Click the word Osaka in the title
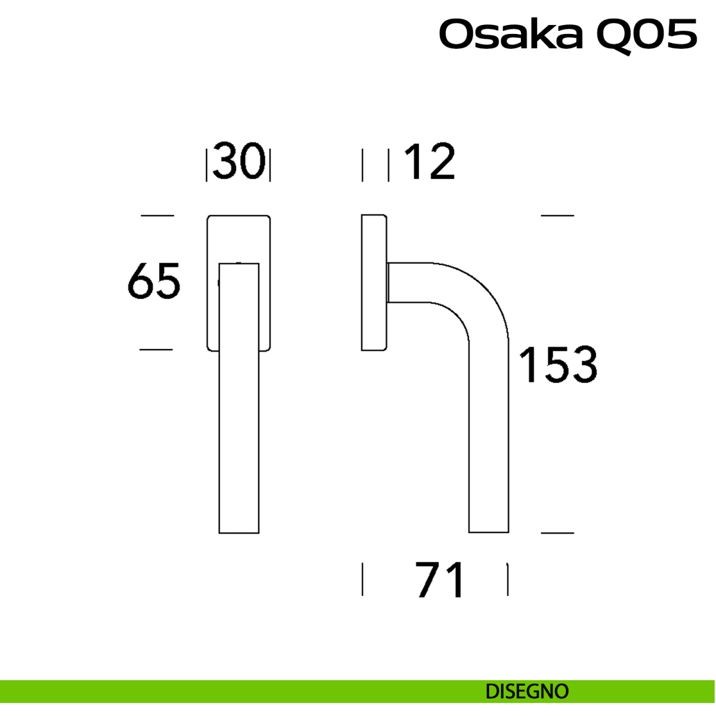[x=511, y=35]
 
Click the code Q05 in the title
[x=646, y=35]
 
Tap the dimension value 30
[x=239, y=161]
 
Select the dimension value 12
[x=429, y=162]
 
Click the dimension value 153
[x=558, y=364]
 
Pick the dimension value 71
[x=440, y=580]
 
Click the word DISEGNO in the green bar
[x=527, y=692]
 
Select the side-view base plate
[x=374, y=282]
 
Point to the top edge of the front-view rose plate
[x=239, y=216]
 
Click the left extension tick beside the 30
[x=206, y=165]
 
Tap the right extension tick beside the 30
[x=270, y=165]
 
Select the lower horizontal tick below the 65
[x=156, y=350]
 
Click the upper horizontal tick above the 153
[x=557, y=215]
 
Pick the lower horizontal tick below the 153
[x=557, y=532]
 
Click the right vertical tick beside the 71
[x=508, y=579]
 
